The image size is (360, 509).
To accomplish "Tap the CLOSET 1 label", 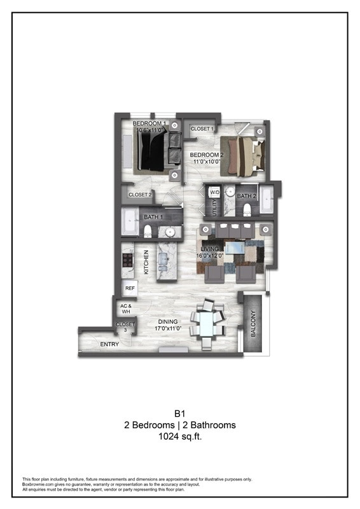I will coord(202,129).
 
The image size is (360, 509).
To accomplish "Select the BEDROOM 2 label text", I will coord(206,155).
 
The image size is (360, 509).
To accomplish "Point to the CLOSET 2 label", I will coord(140,195).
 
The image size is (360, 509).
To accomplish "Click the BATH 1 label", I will coord(153,218).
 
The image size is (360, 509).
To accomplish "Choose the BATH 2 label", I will coord(246,196).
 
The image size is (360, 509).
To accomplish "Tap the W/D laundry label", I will coord(214,192).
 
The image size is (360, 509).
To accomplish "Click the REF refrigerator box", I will coord(130,288).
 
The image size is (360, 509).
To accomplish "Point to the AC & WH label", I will coord(125,309).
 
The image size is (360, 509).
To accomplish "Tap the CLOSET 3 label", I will coord(125,327).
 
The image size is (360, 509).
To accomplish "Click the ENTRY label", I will coord(109,344).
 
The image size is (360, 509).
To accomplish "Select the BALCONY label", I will coord(253,323).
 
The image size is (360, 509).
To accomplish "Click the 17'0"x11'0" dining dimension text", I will coord(169,329).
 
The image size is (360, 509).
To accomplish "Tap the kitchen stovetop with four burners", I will coord(127,260).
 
